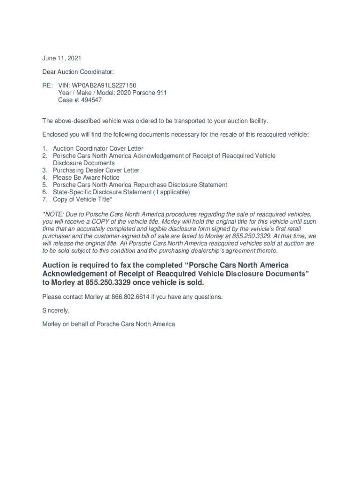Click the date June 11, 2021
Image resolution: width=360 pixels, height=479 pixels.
pyautogui.click(x=62, y=58)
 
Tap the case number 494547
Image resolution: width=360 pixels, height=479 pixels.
pyautogui.click(x=92, y=100)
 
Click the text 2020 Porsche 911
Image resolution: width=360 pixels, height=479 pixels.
pyautogui.click(x=142, y=93)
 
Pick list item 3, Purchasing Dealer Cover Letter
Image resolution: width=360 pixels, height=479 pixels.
pyautogui.click(x=96, y=170)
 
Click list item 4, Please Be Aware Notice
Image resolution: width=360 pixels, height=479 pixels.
pyautogui.click(x=86, y=178)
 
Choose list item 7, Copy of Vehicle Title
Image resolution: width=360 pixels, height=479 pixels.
pyautogui.click(x=82, y=199)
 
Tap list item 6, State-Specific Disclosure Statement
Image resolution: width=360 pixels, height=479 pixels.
pyautogui.click(x=121, y=192)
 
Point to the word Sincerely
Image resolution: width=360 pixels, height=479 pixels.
pyautogui.click(x=56, y=311)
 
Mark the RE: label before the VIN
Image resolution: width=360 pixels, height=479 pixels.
pyautogui.click(x=47, y=86)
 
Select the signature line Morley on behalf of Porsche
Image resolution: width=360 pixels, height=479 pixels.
pyautogui.click(x=108, y=324)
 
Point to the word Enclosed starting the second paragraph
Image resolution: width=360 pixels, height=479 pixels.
pyautogui.click(x=55, y=135)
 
